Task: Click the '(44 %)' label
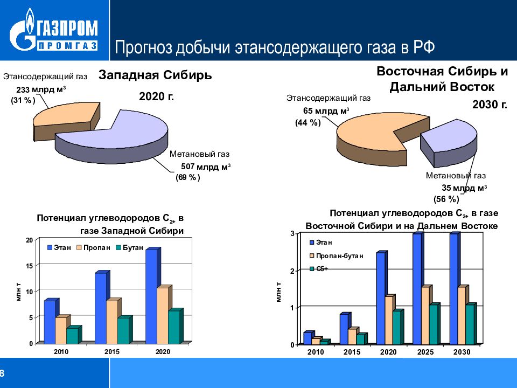click(308, 123)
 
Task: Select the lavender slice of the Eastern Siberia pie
click(450, 137)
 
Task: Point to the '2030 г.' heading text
click(490, 105)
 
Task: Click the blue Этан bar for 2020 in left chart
click(151, 296)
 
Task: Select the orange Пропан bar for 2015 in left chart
click(111, 322)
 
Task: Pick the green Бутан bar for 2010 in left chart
click(72, 335)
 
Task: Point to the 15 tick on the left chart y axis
click(30, 266)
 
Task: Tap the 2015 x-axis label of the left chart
click(112, 351)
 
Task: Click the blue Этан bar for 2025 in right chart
click(417, 289)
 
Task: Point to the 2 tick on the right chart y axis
click(292, 271)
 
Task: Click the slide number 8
click(2, 373)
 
